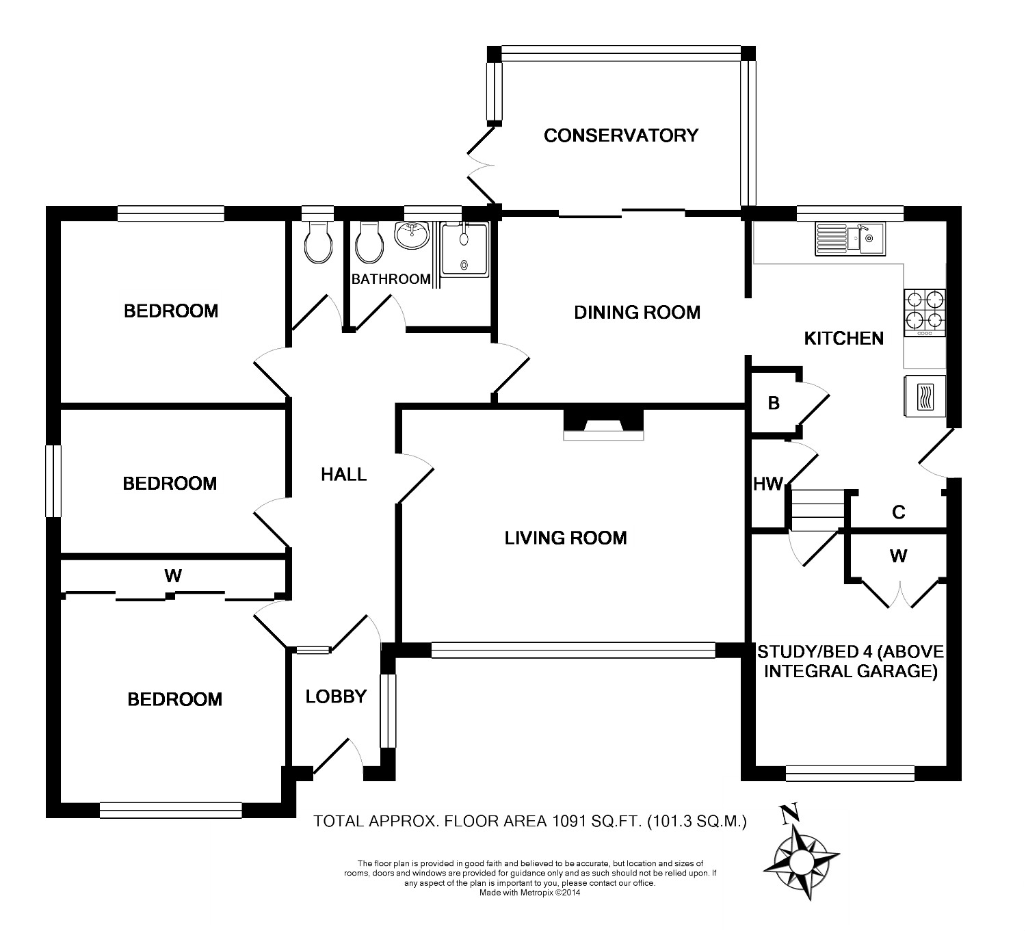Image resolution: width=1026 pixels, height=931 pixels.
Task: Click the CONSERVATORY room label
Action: [621, 135]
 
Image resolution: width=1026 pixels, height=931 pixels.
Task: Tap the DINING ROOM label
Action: [637, 313]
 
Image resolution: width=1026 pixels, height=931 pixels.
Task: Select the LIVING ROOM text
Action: [566, 538]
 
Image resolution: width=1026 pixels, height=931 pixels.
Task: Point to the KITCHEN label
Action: [843, 338]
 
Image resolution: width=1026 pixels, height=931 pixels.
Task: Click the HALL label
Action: [343, 474]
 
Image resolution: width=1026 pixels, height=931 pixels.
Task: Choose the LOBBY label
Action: [336, 697]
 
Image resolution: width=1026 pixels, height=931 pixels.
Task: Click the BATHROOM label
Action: [391, 279]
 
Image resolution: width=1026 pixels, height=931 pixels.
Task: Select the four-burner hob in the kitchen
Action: [925, 313]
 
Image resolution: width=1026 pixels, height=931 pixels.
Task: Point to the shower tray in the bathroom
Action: [464, 250]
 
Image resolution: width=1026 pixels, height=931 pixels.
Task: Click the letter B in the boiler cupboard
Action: [774, 403]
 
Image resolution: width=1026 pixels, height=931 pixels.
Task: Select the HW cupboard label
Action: [767, 484]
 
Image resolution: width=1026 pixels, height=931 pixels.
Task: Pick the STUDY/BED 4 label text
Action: [850, 661]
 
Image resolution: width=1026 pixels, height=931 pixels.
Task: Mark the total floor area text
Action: [529, 821]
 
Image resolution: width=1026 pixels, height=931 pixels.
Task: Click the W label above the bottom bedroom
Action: [173, 576]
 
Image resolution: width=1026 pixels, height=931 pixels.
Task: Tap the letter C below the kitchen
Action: [899, 512]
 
